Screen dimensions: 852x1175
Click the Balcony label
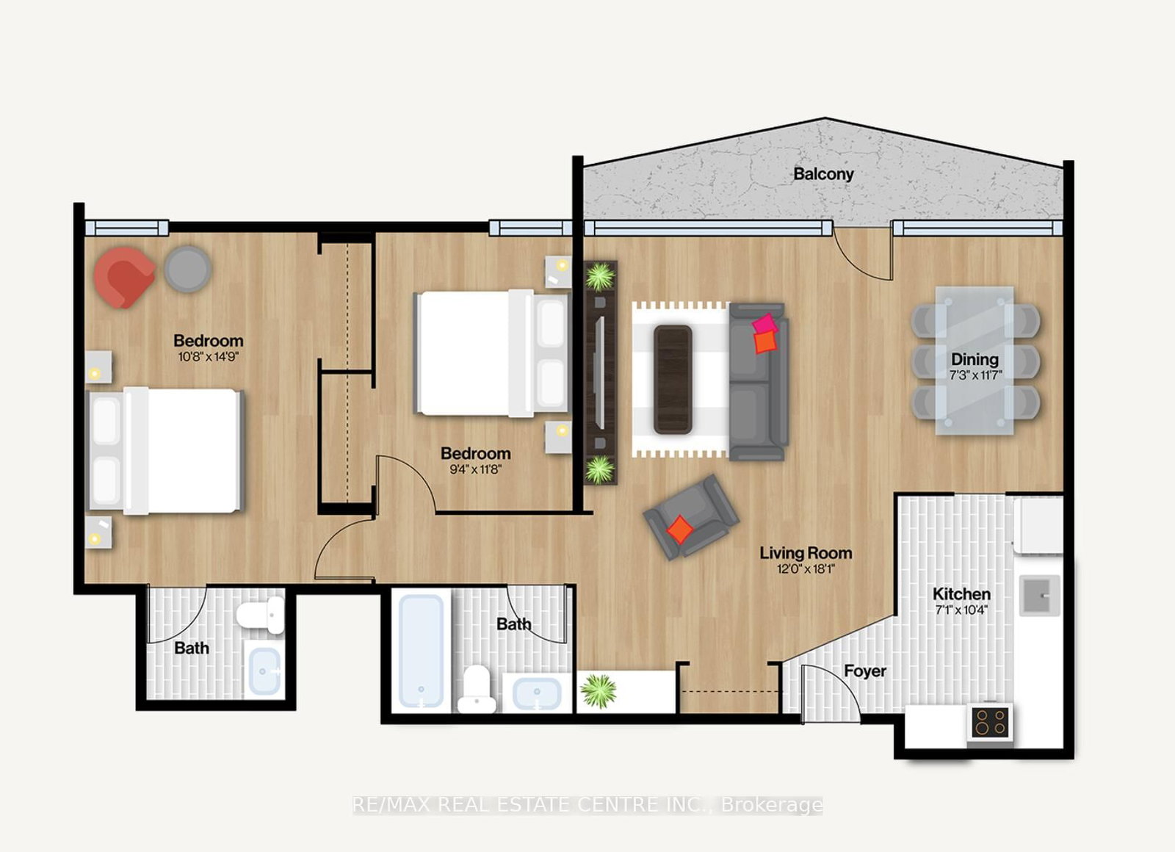tap(823, 174)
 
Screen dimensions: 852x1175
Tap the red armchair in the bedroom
tap(123, 277)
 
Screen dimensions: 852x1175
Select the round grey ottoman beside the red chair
tap(187, 269)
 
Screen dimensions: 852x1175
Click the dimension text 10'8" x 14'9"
tap(209, 358)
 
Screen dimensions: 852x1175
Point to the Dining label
tap(975, 359)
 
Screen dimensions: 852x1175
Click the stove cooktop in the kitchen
tap(991, 723)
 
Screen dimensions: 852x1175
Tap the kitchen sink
tap(1039, 595)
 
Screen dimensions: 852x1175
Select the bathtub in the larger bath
tap(422, 651)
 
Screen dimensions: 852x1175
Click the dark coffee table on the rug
tap(673, 379)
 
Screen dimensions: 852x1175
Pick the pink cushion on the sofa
tap(764, 324)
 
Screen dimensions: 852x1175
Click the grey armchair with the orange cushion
tap(690, 516)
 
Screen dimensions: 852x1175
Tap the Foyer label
tap(864, 671)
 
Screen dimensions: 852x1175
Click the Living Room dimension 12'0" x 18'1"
tap(806, 569)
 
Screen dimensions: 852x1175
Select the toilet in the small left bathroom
tap(261, 614)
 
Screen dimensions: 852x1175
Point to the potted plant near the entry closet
tap(599, 691)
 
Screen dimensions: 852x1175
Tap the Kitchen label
tap(961, 593)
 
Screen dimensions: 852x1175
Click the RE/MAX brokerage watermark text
tap(587, 805)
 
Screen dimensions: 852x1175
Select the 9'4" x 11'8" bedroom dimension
tap(475, 469)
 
